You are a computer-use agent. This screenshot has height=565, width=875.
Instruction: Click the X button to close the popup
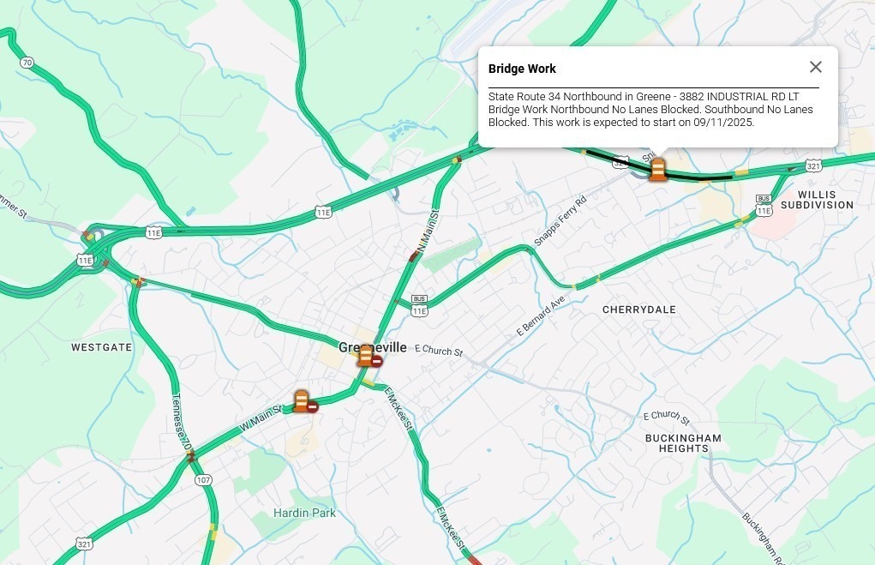tap(815, 67)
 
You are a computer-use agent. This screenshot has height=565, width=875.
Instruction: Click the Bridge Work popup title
tap(522, 69)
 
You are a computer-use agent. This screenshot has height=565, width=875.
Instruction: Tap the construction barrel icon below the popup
tap(657, 169)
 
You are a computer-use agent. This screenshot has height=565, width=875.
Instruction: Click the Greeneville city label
tap(373, 347)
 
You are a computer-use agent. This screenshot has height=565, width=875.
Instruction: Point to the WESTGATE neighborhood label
tap(101, 347)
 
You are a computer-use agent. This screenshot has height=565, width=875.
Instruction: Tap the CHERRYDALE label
tap(638, 310)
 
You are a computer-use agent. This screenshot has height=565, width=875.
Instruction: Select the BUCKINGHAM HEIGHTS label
tap(683, 443)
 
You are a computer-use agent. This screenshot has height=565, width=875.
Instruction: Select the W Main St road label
tap(261, 418)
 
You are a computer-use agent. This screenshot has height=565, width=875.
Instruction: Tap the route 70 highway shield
tap(27, 63)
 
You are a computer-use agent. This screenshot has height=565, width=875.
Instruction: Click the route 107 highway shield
tap(203, 479)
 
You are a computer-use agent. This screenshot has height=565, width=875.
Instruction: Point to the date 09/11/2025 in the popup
tap(725, 122)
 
